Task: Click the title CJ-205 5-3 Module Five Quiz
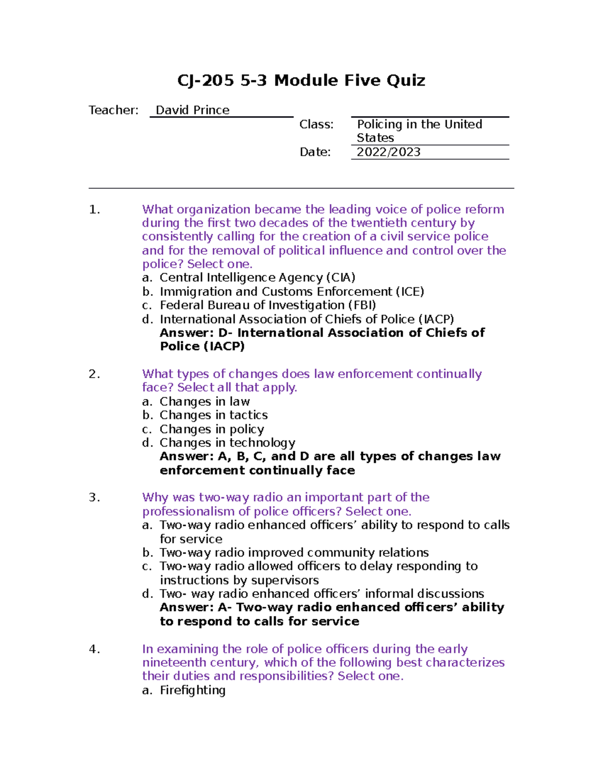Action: pyautogui.click(x=301, y=80)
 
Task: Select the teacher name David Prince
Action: pyautogui.click(x=192, y=110)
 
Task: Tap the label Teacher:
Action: pyautogui.click(x=114, y=110)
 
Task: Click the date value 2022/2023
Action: pyautogui.click(x=388, y=152)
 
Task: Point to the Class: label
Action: pyautogui.click(x=316, y=124)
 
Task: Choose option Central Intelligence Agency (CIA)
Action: pyautogui.click(x=257, y=278)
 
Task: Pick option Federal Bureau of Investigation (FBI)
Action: pyautogui.click(x=268, y=305)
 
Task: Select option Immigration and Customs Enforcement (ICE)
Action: pyautogui.click(x=291, y=292)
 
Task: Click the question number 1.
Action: pyautogui.click(x=94, y=209)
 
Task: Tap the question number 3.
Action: pyautogui.click(x=94, y=498)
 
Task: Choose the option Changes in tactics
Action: pyautogui.click(x=214, y=415)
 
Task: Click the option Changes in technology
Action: pyautogui.click(x=227, y=443)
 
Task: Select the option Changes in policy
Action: pyautogui.click(x=212, y=429)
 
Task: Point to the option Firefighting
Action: pyautogui.click(x=192, y=691)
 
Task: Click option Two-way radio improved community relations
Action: pyautogui.click(x=294, y=553)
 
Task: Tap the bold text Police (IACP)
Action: pyautogui.click(x=202, y=347)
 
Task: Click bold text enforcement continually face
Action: pyautogui.click(x=257, y=471)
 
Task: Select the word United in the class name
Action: pyautogui.click(x=463, y=124)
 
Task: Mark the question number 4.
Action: pyautogui.click(x=94, y=649)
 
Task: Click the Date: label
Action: pyautogui.click(x=315, y=152)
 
